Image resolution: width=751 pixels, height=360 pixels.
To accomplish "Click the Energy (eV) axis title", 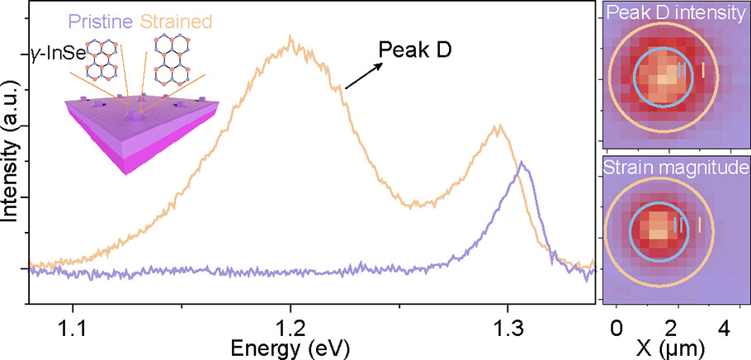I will (290, 347).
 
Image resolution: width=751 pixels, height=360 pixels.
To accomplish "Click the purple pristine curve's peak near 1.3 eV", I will (521, 163).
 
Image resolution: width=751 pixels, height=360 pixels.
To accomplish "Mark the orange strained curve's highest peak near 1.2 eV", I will (290, 39).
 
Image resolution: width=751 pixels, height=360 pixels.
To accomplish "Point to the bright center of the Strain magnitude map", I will (658, 225).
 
